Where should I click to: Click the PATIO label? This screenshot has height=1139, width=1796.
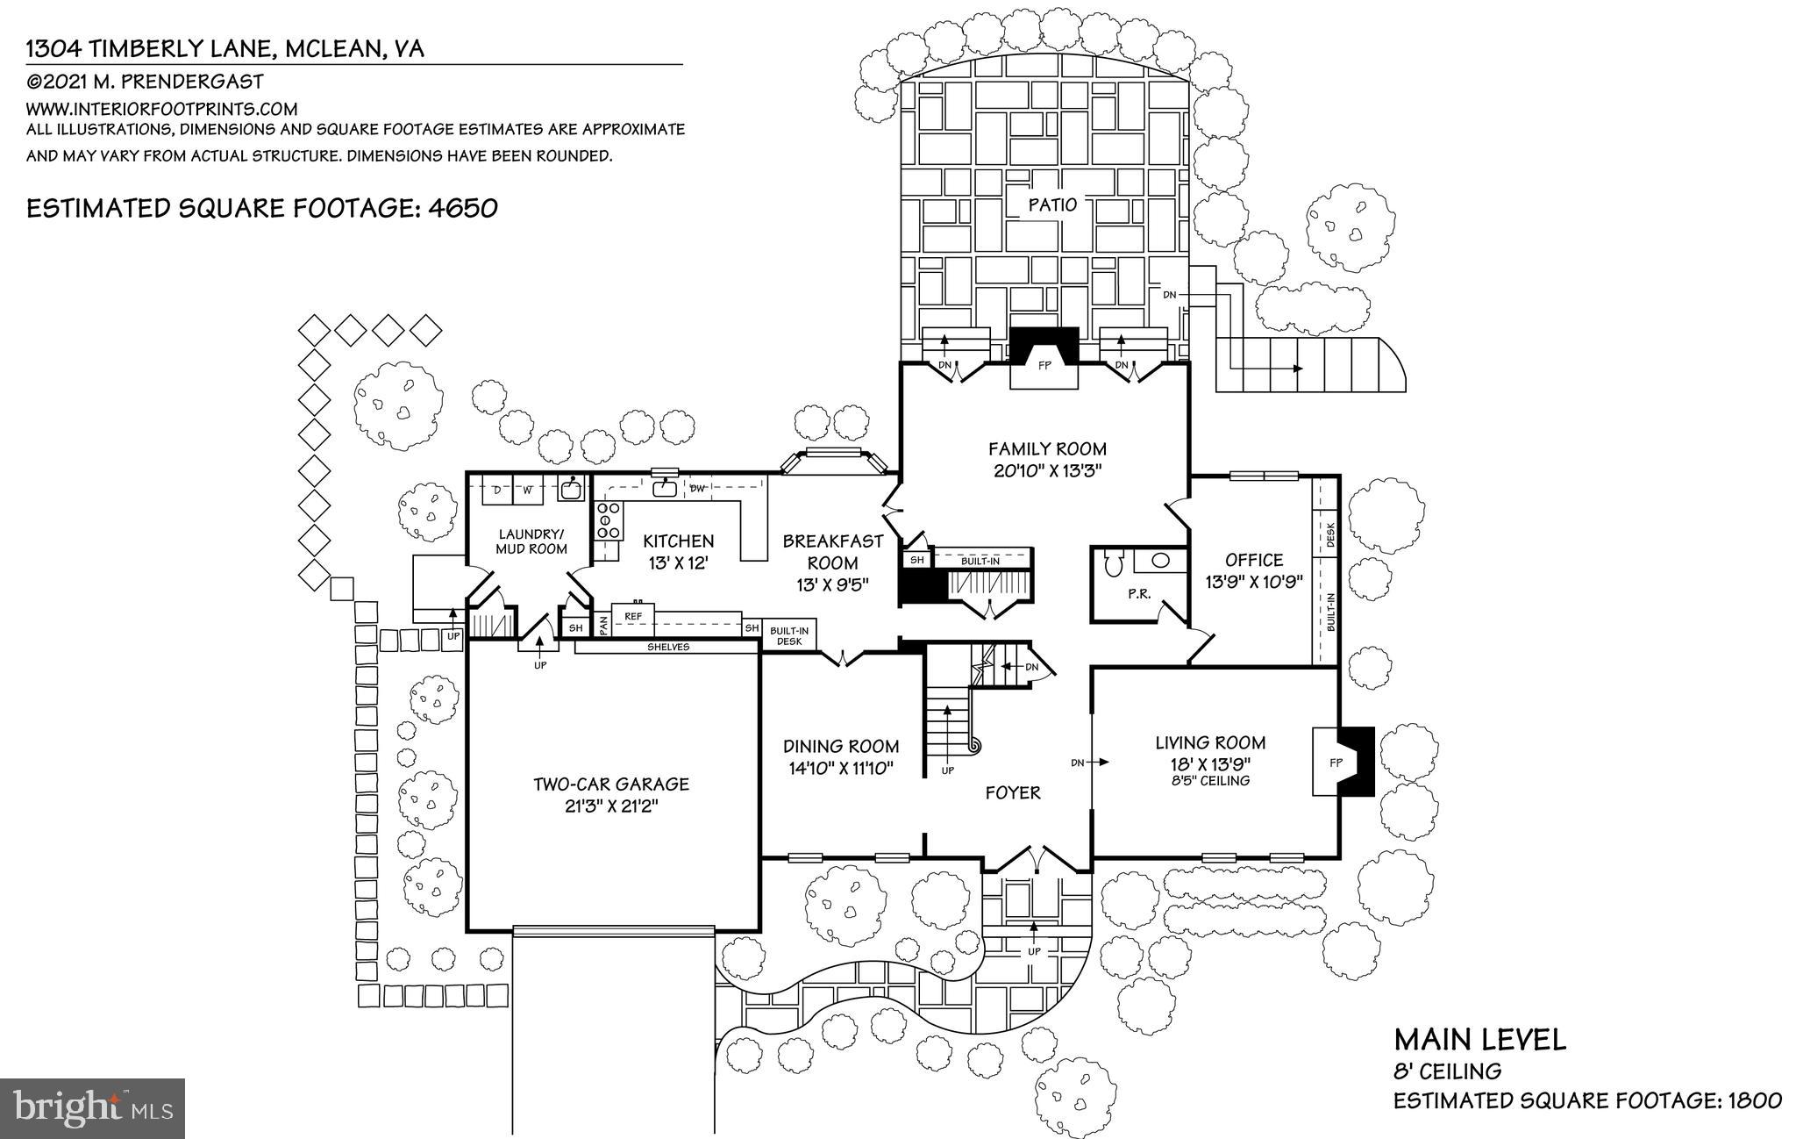[1052, 204]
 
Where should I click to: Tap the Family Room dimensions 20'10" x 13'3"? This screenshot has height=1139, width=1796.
[1047, 469]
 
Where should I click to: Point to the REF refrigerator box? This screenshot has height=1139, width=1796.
[632, 617]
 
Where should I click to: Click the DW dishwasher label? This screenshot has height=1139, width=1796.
[698, 489]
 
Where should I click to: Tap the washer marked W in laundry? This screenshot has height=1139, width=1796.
[528, 490]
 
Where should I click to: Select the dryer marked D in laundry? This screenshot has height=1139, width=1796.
[496, 490]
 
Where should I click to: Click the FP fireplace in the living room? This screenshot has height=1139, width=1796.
[1335, 762]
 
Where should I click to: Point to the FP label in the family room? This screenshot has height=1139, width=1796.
[1044, 366]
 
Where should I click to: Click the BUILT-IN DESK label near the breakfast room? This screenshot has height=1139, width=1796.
[789, 635]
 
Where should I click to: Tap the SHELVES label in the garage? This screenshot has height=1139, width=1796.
[668, 647]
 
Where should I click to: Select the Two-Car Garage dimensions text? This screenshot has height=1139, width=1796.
[611, 806]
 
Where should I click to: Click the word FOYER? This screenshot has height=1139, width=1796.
[1013, 793]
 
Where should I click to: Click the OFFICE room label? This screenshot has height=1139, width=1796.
[1254, 560]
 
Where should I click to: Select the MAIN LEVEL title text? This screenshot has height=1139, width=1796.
[1479, 1040]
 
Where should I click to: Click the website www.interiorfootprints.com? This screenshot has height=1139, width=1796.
[162, 110]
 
